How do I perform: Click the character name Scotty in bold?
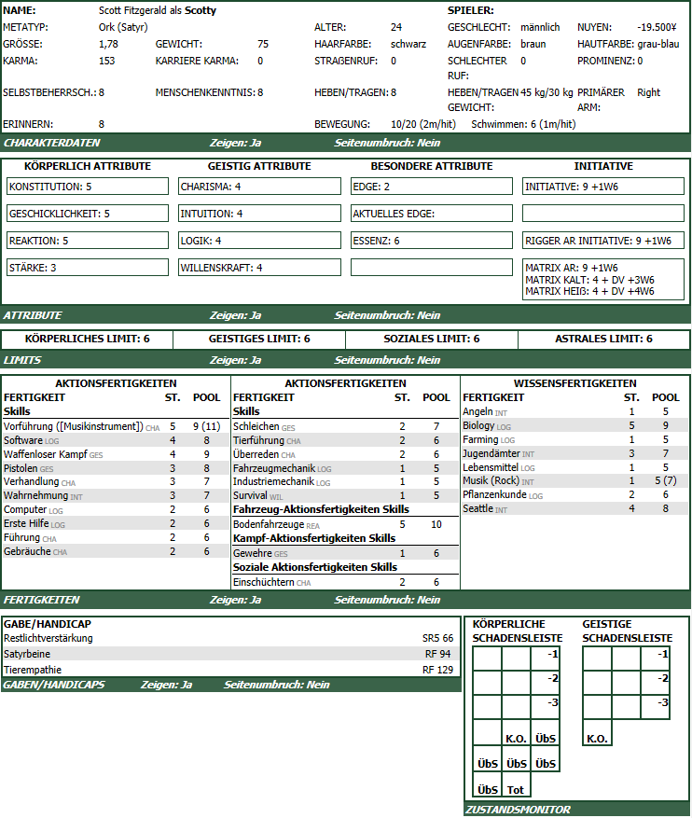point(201,10)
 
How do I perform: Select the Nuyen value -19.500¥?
point(657,27)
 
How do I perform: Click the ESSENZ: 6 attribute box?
point(432,241)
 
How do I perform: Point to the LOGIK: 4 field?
point(259,241)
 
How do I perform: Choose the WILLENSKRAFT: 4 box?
point(259,268)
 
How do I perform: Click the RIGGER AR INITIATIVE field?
point(603,241)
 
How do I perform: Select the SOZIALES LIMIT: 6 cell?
point(431,340)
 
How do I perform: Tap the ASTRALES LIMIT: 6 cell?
point(603,340)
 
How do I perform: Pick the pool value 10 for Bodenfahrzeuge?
point(436,524)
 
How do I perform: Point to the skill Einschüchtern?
point(263,582)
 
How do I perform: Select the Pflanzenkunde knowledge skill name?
point(495,495)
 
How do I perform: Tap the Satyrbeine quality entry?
point(29,654)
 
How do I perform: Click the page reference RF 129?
point(437,670)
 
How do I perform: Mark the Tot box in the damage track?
point(516,789)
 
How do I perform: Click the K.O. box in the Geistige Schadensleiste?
point(597,739)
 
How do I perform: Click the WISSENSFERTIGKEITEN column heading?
point(574,383)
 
